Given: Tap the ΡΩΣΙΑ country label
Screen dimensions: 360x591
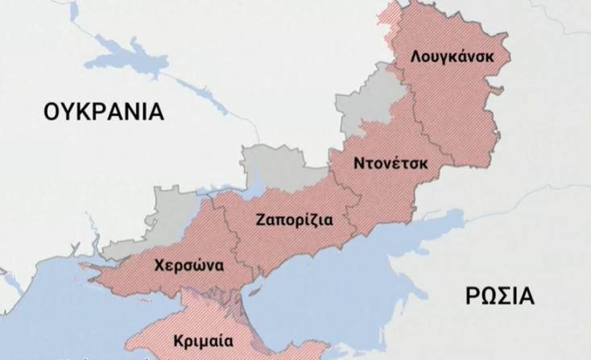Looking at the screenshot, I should pos(498,296).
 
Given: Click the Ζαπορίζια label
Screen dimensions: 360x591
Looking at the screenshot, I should pos(295,219).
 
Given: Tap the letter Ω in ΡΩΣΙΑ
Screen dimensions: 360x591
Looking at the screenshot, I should pos(487,296).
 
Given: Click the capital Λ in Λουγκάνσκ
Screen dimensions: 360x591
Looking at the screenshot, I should pos(415,58).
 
